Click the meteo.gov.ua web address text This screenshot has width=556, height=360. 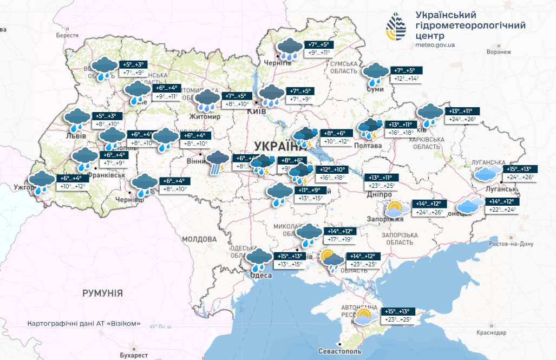pyautogui.click(x=435, y=46)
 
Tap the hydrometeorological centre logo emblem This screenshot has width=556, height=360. pyautogui.click(x=397, y=27)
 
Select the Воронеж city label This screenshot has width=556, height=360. pyautogui.click(x=498, y=52)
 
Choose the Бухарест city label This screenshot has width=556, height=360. pyautogui.click(x=133, y=355)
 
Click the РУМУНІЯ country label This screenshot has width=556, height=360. pyautogui.click(x=102, y=293)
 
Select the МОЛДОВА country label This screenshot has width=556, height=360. pyautogui.click(x=199, y=239)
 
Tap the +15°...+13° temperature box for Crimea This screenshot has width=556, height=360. pyautogui.click(x=400, y=311)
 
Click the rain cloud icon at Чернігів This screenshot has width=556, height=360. pyautogui.click(x=290, y=49)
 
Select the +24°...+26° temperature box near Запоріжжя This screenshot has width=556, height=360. pyautogui.click(x=429, y=212)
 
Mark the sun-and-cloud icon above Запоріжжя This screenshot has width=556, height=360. pyautogui.click(x=395, y=208)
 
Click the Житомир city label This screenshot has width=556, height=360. pyautogui.click(x=205, y=116)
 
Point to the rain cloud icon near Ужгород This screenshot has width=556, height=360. pyautogui.click(x=41, y=182)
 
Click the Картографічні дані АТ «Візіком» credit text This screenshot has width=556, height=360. pyautogui.click(x=84, y=324)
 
